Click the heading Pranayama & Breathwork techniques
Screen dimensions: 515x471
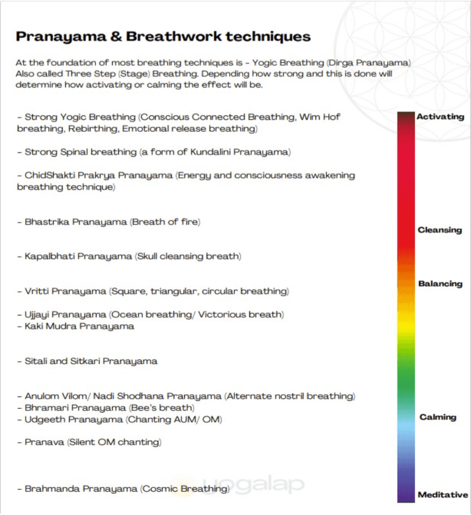(163, 37)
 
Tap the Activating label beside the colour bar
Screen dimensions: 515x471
(440, 117)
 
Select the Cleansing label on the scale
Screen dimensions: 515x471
(440, 230)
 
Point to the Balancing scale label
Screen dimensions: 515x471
(440, 284)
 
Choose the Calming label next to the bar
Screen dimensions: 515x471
(438, 417)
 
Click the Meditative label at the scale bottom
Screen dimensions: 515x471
(443, 495)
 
